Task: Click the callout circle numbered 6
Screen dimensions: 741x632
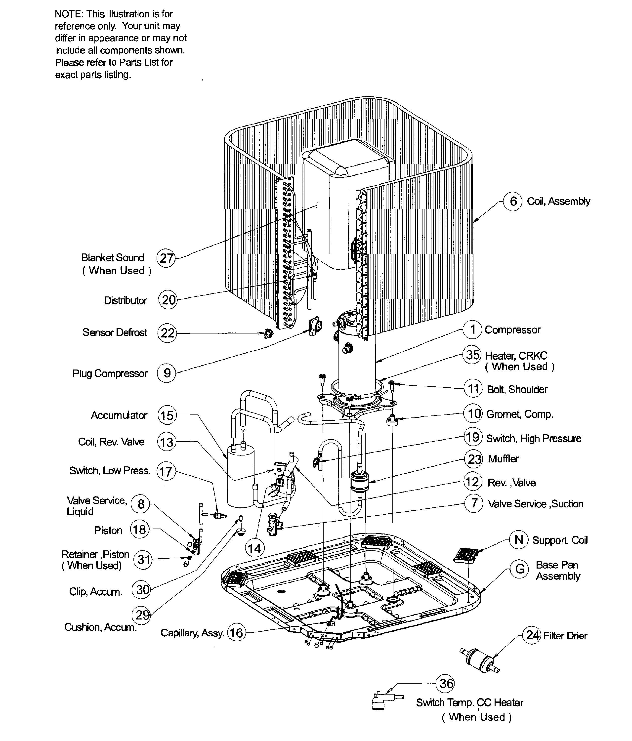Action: (x=513, y=201)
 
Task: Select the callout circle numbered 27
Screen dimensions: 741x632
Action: (x=166, y=258)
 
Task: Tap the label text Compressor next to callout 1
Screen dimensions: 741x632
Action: (x=512, y=330)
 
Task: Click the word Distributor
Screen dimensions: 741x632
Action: (x=125, y=300)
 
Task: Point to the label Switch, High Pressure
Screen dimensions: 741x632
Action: (x=533, y=438)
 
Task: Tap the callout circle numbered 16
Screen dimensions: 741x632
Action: (x=236, y=633)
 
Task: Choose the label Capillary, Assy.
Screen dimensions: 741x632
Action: (x=192, y=633)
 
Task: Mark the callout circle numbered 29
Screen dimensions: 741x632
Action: (x=142, y=615)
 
